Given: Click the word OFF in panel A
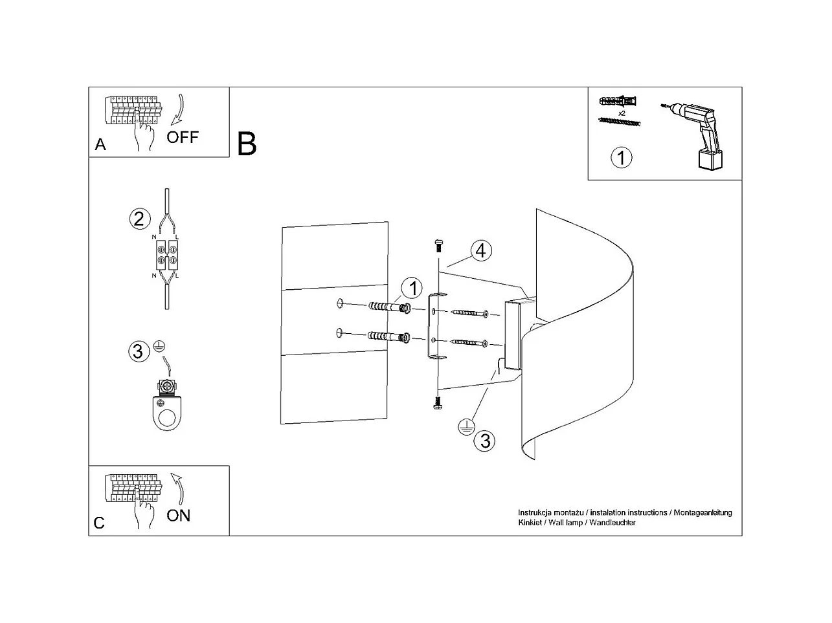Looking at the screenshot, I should pos(182,137).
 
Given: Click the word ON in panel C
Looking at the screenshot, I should pos(178,516).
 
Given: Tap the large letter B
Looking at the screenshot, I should pos(247,144).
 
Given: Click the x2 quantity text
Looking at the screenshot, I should pos(622,113).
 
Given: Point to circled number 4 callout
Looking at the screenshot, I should pos(480,250).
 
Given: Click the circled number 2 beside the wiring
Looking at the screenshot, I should pos(139,219).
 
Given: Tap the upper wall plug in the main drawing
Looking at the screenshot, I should pos(388,307).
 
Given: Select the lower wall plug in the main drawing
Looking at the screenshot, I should pos(388,337).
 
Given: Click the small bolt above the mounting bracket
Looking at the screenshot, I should pos(438,245).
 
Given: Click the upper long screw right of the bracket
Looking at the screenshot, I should pos(470,313).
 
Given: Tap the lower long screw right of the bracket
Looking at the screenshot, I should pos(470,342).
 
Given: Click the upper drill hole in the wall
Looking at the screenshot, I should pos(339,303).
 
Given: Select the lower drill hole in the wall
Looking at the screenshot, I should pos(339,333).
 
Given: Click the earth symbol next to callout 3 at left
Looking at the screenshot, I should pos(158,346).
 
